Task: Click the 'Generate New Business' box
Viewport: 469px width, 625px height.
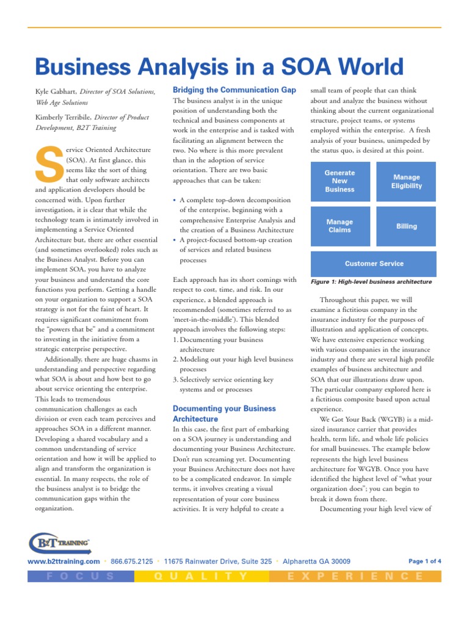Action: click(340, 181)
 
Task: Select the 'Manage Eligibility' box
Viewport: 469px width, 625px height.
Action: click(406, 181)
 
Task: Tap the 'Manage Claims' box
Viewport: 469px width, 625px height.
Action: click(340, 226)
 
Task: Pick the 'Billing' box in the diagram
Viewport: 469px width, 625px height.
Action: click(406, 226)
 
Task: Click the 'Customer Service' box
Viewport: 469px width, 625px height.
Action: click(374, 264)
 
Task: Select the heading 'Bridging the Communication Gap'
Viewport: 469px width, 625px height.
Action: click(234, 90)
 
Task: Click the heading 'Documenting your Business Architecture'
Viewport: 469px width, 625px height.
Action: click(224, 414)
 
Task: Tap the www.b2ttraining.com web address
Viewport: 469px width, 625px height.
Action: click(64, 562)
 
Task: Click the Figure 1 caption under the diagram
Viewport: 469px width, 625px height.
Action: click(371, 282)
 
